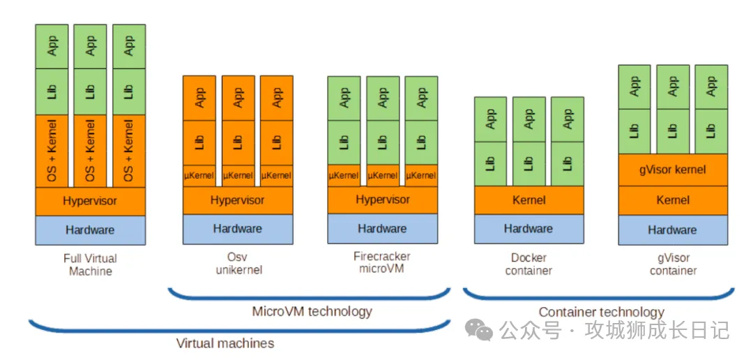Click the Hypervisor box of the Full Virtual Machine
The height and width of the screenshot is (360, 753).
click(x=90, y=201)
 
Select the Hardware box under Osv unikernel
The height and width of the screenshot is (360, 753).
click(x=237, y=229)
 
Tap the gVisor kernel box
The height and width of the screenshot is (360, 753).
click(x=672, y=170)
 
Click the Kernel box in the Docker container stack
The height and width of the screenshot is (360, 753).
click(x=528, y=200)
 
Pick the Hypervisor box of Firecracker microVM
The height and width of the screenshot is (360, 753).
click(x=383, y=200)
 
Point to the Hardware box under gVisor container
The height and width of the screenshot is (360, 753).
click(x=672, y=230)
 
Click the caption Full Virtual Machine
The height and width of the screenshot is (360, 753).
click(x=90, y=264)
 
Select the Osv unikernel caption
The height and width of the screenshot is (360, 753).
click(x=238, y=264)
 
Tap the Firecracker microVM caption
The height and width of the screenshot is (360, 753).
click(x=382, y=262)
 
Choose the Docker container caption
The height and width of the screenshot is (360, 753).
click(x=528, y=264)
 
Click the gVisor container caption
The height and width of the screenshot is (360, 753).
click(x=673, y=264)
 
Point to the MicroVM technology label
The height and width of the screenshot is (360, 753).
click(x=312, y=311)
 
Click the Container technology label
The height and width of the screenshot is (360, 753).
click(x=601, y=312)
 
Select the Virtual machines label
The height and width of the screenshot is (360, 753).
click(x=225, y=343)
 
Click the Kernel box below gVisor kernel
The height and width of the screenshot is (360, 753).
click(x=672, y=200)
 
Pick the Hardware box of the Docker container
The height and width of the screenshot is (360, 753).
click(x=528, y=229)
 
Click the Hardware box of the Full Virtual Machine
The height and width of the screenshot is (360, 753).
click(x=90, y=230)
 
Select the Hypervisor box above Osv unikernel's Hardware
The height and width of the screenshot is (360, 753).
click(x=237, y=200)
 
